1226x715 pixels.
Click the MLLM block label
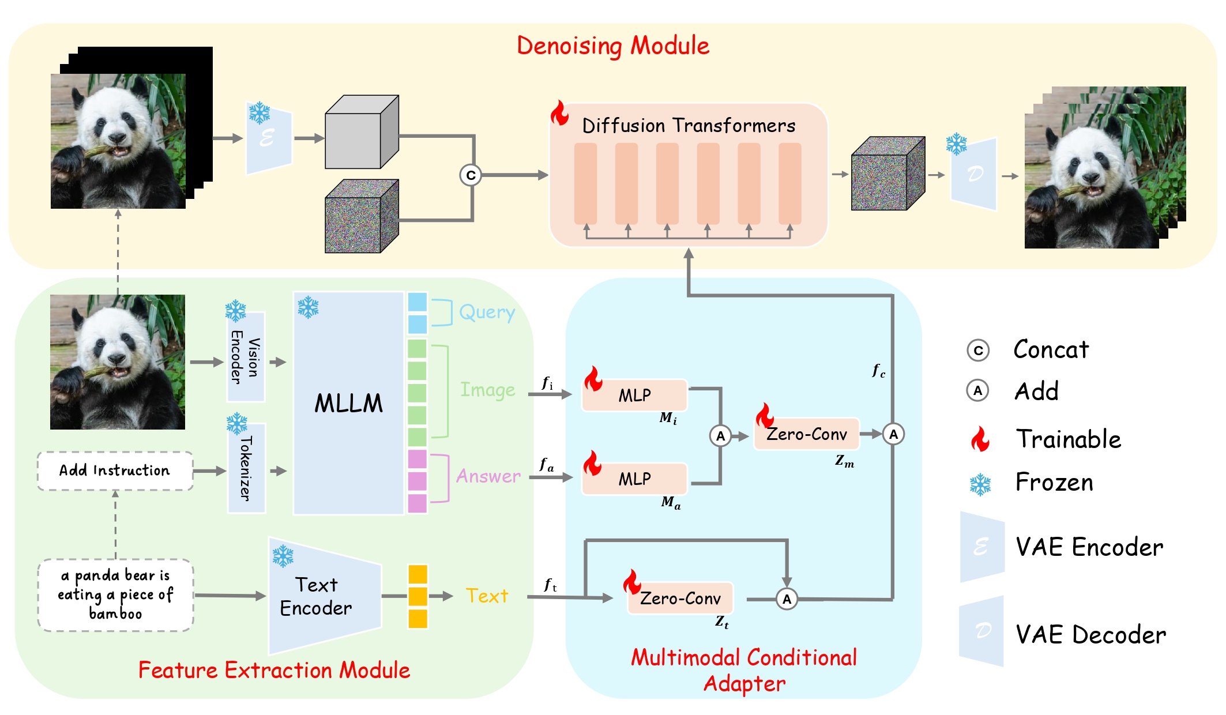click(348, 403)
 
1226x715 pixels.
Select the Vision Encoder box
click(246, 357)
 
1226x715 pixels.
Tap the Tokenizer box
click(246, 468)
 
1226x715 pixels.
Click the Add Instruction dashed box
click(115, 471)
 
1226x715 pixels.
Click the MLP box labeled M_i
click(634, 396)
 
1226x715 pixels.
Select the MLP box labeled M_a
click(634, 479)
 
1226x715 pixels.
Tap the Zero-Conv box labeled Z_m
click(806, 434)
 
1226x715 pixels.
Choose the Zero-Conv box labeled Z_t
click(680, 599)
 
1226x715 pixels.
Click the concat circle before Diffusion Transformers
click(471, 175)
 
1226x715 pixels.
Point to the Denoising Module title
click(612, 46)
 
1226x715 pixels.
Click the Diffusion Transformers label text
click(689, 126)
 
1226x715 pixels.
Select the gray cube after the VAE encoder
click(361, 133)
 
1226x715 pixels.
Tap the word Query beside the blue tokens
click(487, 313)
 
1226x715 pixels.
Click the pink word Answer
click(488, 476)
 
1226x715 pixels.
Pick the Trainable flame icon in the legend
click(980, 439)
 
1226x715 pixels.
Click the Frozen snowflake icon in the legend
click(980, 484)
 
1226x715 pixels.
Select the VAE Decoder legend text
click(1090, 635)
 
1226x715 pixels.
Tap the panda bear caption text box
click(115, 595)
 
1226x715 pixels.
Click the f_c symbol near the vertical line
click(878, 371)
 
